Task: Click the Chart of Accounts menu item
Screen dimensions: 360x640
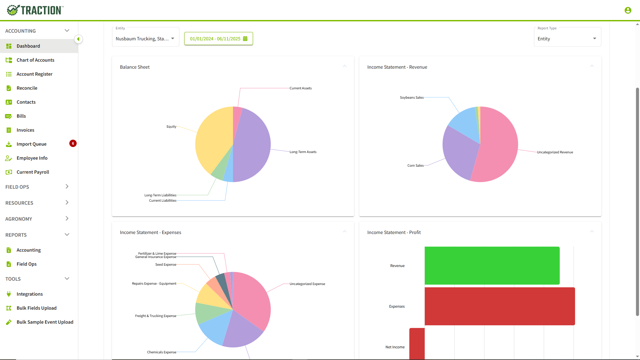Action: [35, 60]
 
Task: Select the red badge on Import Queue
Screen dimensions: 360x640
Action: [73, 144]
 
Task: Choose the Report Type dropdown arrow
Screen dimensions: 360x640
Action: [594, 39]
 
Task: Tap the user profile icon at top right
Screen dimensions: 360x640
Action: [628, 10]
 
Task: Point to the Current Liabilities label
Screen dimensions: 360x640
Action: [162, 201]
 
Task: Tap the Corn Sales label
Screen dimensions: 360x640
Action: [415, 166]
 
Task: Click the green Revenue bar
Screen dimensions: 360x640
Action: [492, 265]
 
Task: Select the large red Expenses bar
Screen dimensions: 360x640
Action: [499, 306]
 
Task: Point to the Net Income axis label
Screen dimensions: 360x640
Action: [395, 347]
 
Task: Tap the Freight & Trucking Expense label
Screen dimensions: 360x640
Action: [155, 316]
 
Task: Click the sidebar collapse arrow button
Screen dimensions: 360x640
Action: [78, 39]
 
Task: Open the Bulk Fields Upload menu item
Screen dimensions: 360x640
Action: [36, 308]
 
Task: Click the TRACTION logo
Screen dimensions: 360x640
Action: [35, 10]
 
